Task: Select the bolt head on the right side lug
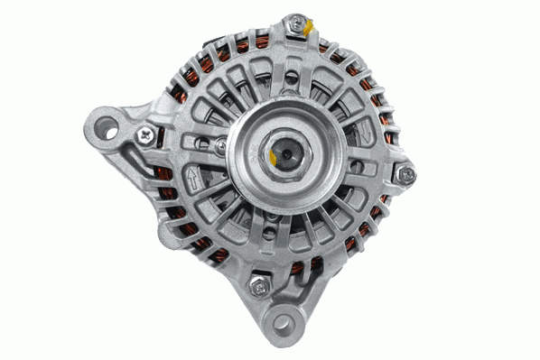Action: [x=408, y=174]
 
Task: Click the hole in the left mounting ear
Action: [x=108, y=125]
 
